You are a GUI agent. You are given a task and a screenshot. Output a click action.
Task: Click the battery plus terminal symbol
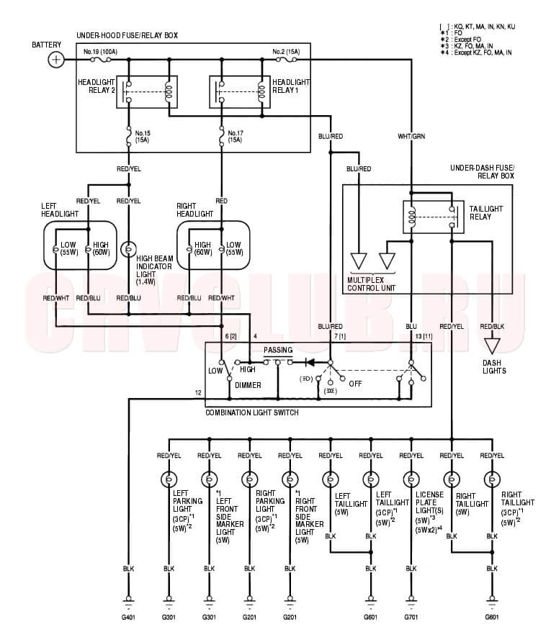55,60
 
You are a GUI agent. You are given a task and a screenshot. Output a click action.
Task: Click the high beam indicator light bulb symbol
129,250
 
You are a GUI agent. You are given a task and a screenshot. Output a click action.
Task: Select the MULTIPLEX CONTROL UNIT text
372,283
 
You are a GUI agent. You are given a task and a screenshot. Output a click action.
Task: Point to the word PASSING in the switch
277,349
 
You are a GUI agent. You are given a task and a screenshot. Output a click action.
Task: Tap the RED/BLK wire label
493,326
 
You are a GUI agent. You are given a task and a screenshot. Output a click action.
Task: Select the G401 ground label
129,617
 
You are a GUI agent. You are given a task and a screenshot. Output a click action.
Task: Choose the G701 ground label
411,617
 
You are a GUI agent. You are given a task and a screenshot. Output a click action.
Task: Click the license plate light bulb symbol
411,478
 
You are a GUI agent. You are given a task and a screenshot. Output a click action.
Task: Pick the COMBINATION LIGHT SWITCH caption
251,412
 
